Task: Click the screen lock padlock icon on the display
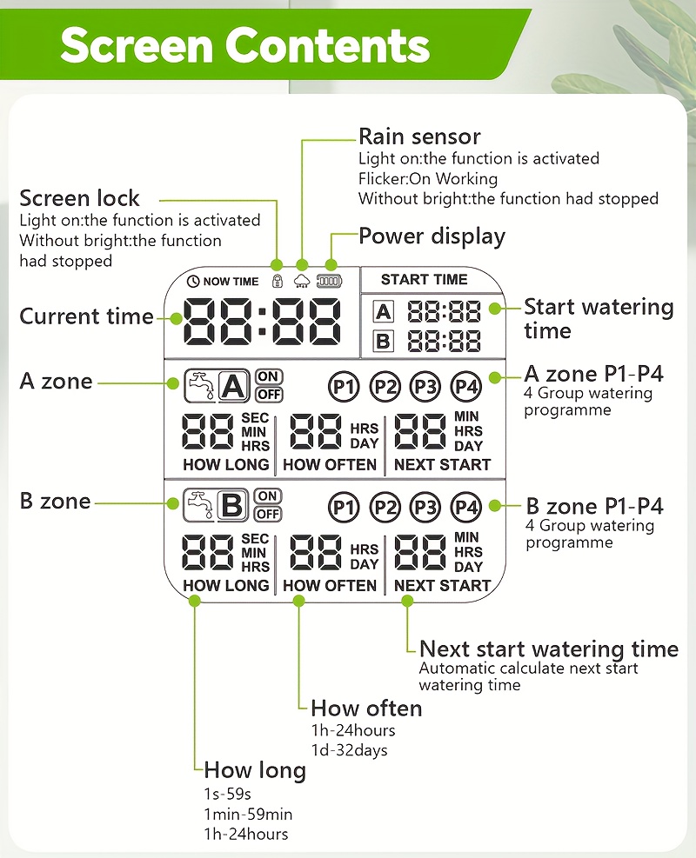(x=278, y=282)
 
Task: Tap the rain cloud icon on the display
(x=302, y=282)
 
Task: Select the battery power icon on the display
(x=329, y=282)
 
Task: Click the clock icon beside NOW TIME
(x=193, y=282)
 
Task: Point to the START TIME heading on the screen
(x=424, y=280)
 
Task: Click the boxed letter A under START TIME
(x=384, y=312)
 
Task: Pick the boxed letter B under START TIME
(x=384, y=341)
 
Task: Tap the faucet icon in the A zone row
(x=200, y=386)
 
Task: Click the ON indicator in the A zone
(x=268, y=376)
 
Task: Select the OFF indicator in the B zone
(x=268, y=514)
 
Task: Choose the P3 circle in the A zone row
(x=425, y=387)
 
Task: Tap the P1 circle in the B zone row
(x=344, y=508)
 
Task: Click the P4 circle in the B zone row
(x=465, y=508)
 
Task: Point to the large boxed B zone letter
(x=233, y=504)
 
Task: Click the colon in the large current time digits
(x=263, y=321)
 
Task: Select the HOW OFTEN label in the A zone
(x=330, y=464)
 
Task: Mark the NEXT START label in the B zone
(x=443, y=586)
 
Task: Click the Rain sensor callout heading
(x=419, y=136)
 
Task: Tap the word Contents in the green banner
(x=327, y=45)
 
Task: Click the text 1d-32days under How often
(x=350, y=750)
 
